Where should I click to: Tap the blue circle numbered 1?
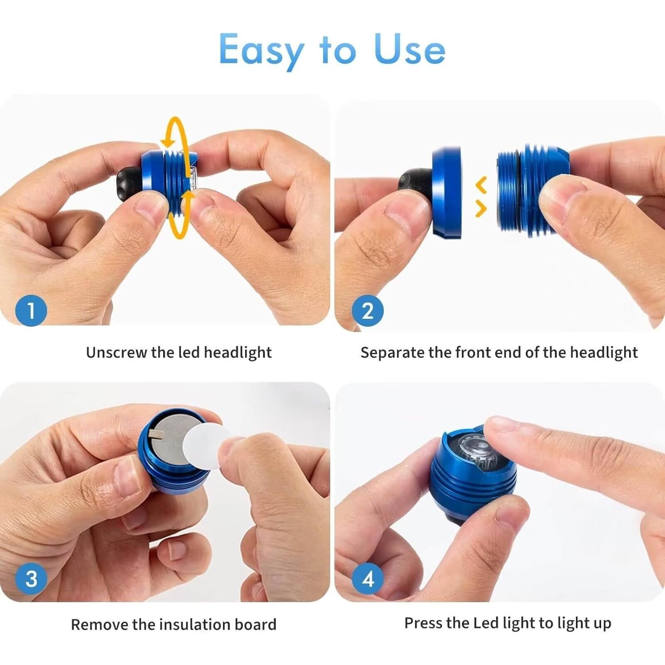point(31,310)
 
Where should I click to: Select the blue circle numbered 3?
point(31,579)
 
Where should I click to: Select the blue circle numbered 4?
point(368,579)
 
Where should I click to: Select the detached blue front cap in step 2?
point(446,193)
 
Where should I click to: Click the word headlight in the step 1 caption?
point(237,352)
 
